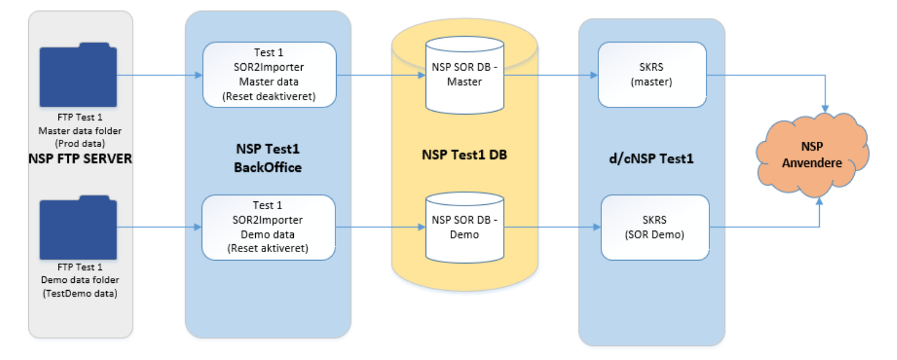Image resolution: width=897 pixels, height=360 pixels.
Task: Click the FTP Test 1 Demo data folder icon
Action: (x=78, y=227)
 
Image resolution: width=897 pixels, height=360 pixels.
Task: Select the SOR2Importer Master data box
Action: (x=268, y=75)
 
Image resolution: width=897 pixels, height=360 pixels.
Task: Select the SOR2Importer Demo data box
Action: (x=268, y=227)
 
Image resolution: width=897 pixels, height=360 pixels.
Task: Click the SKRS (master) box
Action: (x=651, y=75)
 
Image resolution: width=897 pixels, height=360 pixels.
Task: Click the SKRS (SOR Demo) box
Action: (x=655, y=227)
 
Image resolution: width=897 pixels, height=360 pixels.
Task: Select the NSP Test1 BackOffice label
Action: (x=267, y=158)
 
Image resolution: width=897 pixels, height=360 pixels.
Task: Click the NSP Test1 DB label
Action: (x=464, y=154)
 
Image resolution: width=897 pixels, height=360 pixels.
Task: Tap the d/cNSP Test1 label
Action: (x=651, y=159)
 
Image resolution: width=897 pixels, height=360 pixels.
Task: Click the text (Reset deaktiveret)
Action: (x=269, y=96)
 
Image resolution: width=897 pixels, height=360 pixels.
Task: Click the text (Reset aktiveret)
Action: (x=269, y=248)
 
